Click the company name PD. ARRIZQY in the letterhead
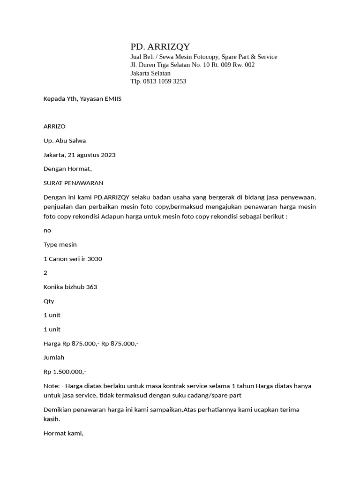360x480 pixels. (x=160, y=46)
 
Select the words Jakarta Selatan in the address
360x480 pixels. (x=150, y=73)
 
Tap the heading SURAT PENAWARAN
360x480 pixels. (x=73, y=183)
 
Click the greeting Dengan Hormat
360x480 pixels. (x=67, y=169)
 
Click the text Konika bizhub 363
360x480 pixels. (x=70, y=287)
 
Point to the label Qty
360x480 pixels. (x=49, y=301)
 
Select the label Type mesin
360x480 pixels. (x=60, y=245)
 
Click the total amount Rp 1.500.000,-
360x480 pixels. (x=65, y=372)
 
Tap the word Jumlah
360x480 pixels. (x=54, y=358)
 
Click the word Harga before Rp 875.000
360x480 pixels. (x=52, y=344)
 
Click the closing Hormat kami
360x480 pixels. (x=63, y=433)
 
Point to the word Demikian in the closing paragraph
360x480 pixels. (x=57, y=410)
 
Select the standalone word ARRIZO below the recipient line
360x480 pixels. (x=54, y=127)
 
